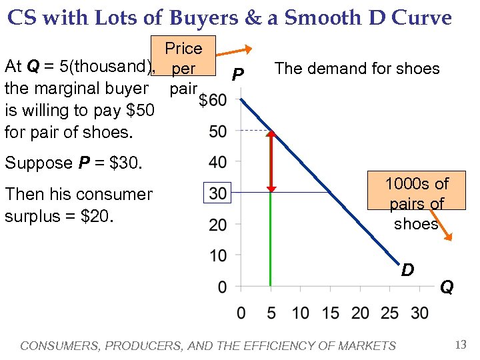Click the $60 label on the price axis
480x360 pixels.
(213, 101)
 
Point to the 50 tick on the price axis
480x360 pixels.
(217, 131)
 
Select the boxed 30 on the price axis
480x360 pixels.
(218, 193)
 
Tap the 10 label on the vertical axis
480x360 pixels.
(217, 255)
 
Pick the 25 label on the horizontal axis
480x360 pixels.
(390, 313)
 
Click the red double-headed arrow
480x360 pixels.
(271, 161)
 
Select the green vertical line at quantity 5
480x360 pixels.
(271, 240)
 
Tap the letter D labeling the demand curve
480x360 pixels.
(407, 270)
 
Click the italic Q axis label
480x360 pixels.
(446, 287)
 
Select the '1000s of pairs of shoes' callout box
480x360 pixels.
(416, 203)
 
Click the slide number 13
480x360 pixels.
(460, 345)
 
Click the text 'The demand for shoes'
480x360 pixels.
(357, 69)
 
